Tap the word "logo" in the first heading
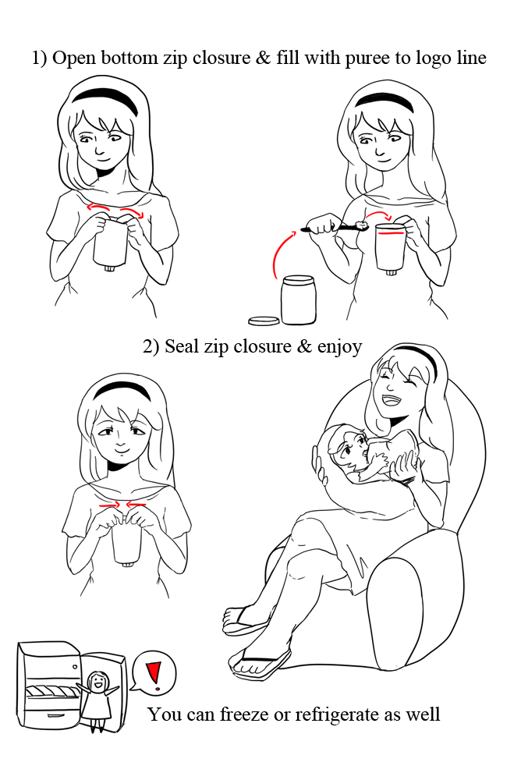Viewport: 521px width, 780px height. click(x=432, y=58)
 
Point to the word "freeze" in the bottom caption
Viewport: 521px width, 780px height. click(x=245, y=714)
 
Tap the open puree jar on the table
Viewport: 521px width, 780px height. click(x=298, y=300)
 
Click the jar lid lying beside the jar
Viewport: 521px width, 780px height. click(x=264, y=321)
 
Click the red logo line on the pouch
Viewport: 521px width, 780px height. click(x=390, y=232)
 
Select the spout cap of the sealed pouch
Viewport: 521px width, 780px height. click(x=128, y=564)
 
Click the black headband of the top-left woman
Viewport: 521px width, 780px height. click(x=105, y=98)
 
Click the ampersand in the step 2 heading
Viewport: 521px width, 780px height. click(x=303, y=346)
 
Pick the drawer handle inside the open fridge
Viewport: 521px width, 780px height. click(x=55, y=714)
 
